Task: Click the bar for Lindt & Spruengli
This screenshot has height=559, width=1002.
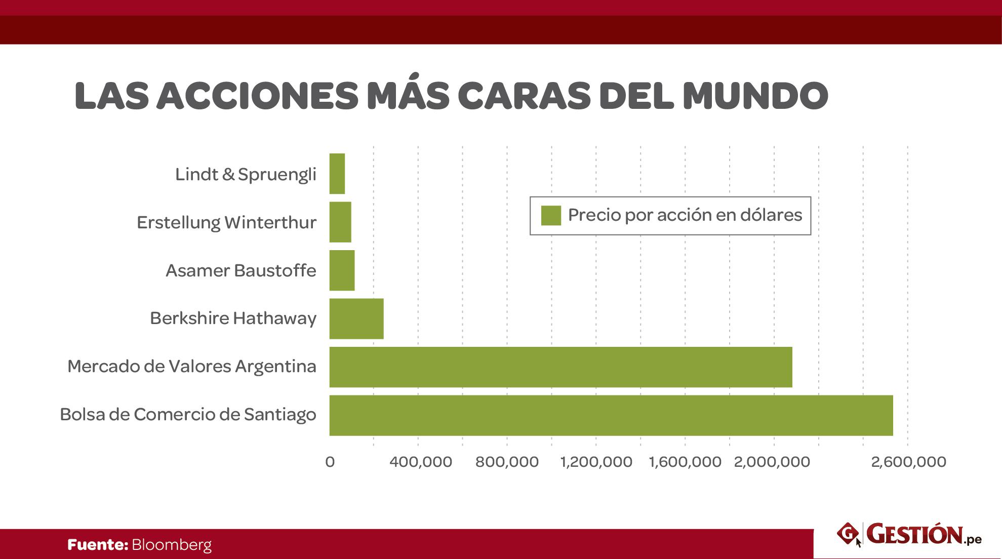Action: [337, 174]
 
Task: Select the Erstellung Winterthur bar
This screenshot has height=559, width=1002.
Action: [340, 222]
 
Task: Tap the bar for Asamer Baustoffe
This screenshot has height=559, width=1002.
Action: [342, 270]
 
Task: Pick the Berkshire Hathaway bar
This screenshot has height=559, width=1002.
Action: [356, 318]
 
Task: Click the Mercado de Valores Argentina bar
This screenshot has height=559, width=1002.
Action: [560, 367]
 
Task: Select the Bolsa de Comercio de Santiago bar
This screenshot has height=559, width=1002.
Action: [611, 415]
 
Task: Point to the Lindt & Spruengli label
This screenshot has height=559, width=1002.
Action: [246, 174]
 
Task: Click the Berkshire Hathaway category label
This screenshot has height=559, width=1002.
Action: [233, 318]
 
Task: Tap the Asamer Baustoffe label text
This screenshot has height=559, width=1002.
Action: [241, 270]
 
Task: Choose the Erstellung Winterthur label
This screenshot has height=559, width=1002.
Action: [226, 222]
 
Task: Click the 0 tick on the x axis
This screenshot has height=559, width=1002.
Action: [330, 462]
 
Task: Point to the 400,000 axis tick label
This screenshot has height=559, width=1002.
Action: [421, 462]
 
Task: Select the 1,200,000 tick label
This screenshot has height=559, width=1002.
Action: [596, 462]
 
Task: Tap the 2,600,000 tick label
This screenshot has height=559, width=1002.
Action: [908, 462]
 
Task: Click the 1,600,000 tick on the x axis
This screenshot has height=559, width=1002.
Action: [685, 462]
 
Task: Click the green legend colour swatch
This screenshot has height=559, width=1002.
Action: [551, 215]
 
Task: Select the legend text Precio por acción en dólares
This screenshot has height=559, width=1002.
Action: [685, 215]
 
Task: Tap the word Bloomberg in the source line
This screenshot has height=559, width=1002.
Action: [172, 545]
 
